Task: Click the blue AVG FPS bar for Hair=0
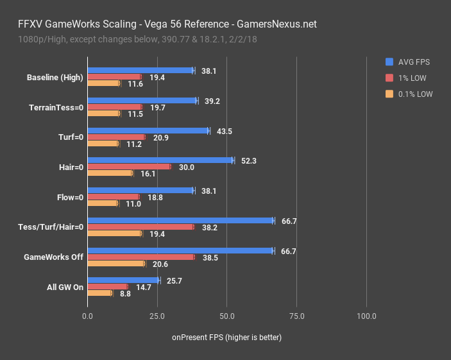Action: click(x=160, y=160)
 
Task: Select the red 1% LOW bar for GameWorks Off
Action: click(x=141, y=257)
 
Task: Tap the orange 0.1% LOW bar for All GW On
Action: click(x=99, y=293)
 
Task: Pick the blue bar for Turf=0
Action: click(x=148, y=131)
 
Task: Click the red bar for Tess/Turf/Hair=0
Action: click(x=140, y=227)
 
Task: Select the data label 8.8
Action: click(x=124, y=293)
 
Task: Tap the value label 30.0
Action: click(x=186, y=167)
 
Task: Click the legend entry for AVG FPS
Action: click(x=413, y=62)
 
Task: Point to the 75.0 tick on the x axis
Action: click(x=296, y=316)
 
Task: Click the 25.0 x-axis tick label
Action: click(x=157, y=316)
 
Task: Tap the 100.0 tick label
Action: click(x=366, y=316)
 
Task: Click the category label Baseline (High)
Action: click(x=55, y=77)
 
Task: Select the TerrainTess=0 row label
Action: click(x=56, y=107)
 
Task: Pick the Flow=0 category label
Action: click(x=69, y=197)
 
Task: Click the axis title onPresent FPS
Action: click(x=226, y=337)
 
